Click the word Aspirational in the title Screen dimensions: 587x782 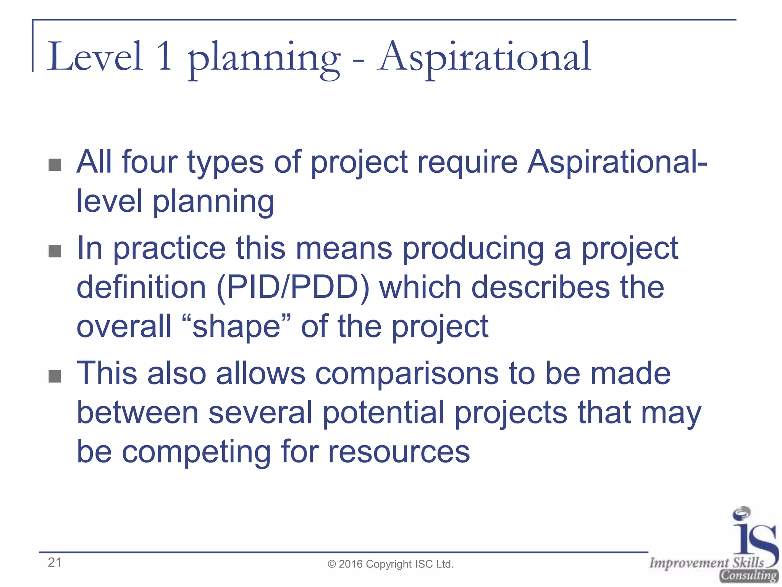pyautogui.click(x=484, y=57)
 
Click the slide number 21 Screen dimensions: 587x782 pyautogui.click(x=55, y=562)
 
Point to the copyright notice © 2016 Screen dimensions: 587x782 pyautogui.click(x=390, y=564)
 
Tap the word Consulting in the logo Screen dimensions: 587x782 pyautogui.click(x=748, y=575)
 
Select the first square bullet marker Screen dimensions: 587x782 pyautogui.click(x=55, y=165)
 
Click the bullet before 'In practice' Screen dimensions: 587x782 pyautogui.click(x=55, y=251)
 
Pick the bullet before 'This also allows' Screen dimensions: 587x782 pyautogui.click(x=55, y=376)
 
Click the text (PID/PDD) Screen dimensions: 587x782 pyautogui.click(x=293, y=287)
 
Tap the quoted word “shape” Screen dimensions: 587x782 pyautogui.click(x=237, y=327)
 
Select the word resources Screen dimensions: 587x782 pyautogui.click(x=399, y=452)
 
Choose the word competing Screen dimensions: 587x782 pyautogui.click(x=196, y=452)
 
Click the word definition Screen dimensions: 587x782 pyautogui.click(x=141, y=287)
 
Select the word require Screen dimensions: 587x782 pyautogui.click(x=467, y=162)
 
